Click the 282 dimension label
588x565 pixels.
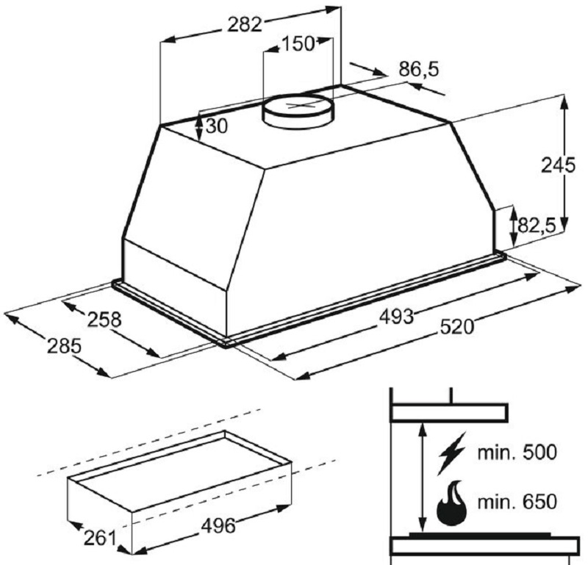pyautogui.click(x=245, y=25)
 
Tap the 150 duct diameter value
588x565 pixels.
pyautogui.click(x=298, y=43)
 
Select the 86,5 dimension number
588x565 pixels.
pyautogui.click(x=418, y=69)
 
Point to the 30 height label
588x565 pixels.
pyautogui.click(x=217, y=126)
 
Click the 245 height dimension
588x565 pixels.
pyautogui.click(x=558, y=165)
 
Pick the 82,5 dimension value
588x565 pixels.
pyautogui.click(x=537, y=226)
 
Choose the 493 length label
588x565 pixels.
pyautogui.click(x=396, y=317)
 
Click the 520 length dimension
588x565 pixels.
pyautogui.click(x=456, y=327)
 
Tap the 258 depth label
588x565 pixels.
pyautogui.click(x=104, y=320)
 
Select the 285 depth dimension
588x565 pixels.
pyautogui.click(x=64, y=346)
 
